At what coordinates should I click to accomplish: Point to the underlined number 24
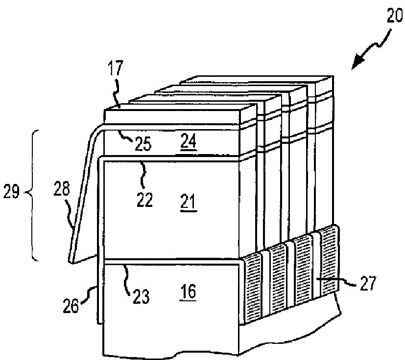pos(188,142)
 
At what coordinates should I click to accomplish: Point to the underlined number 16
pos(188,292)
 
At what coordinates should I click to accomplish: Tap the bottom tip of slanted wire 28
pos(71,260)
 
